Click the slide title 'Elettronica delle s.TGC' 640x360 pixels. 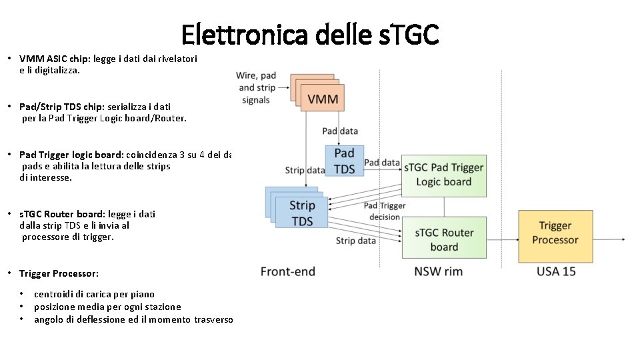click(x=309, y=34)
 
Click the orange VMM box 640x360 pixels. click(x=323, y=100)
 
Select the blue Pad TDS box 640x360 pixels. click(x=344, y=161)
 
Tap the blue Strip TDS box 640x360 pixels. click(x=302, y=213)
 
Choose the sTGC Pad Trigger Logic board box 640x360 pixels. click(x=443, y=174)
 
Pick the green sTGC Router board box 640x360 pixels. click(x=444, y=239)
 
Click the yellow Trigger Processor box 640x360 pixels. click(x=555, y=233)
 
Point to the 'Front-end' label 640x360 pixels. click(x=287, y=271)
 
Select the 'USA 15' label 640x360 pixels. click(x=556, y=271)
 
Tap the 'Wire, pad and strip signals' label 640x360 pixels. click(x=256, y=87)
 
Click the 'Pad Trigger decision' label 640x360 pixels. click(x=384, y=211)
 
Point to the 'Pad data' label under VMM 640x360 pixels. click(x=339, y=131)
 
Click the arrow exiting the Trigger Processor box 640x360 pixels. click(x=608, y=239)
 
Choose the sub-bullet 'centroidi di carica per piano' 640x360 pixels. click(x=94, y=294)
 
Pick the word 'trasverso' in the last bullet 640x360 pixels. click(x=213, y=319)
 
